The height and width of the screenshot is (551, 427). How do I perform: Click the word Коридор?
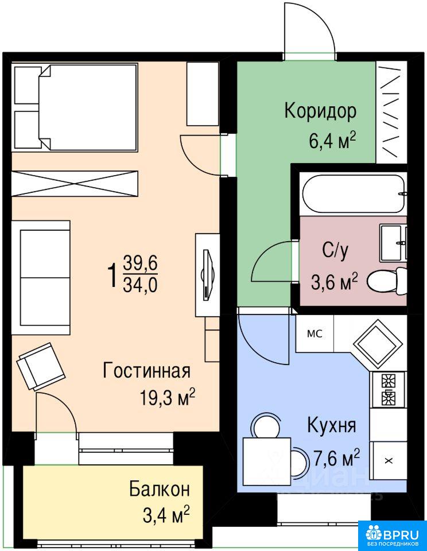click(320, 111)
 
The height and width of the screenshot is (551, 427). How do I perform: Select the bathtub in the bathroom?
click(354, 193)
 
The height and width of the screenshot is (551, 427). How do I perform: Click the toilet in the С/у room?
click(387, 281)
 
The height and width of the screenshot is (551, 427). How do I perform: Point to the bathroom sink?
click(393, 243)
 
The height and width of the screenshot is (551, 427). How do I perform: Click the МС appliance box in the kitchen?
click(315, 333)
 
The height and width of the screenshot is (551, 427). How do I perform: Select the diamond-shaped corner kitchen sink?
click(378, 343)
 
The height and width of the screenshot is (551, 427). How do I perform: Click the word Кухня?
click(331, 425)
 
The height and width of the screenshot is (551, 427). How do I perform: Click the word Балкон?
click(160, 489)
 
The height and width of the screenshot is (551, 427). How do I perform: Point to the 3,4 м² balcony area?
click(166, 515)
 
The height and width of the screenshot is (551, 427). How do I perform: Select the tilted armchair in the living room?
click(41, 367)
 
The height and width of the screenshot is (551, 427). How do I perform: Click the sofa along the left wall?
click(41, 278)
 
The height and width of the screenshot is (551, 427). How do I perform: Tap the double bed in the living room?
click(75, 107)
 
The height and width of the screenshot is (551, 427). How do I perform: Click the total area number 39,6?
click(140, 263)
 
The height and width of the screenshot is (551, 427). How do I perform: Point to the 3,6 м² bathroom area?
click(334, 281)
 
